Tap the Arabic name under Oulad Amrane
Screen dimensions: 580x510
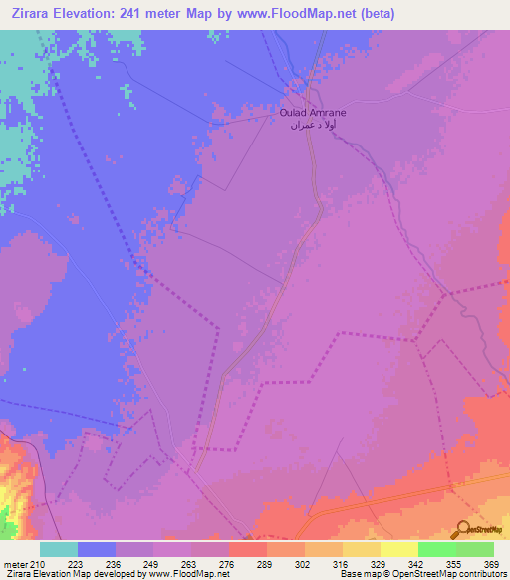point(312,127)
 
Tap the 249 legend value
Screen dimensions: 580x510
point(152,565)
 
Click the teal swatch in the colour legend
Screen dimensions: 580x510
point(58,549)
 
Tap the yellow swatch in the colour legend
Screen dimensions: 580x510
point(398,549)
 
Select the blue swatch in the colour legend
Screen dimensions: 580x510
point(96,549)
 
